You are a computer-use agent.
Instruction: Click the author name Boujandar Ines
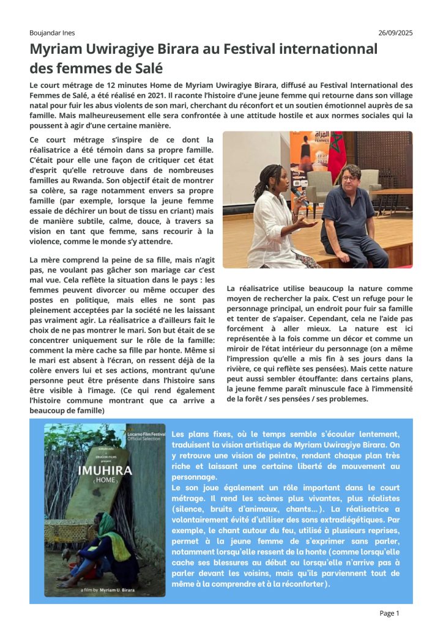(53, 32)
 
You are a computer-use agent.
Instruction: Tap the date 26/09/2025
(395, 32)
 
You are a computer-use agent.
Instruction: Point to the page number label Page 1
(390, 613)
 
